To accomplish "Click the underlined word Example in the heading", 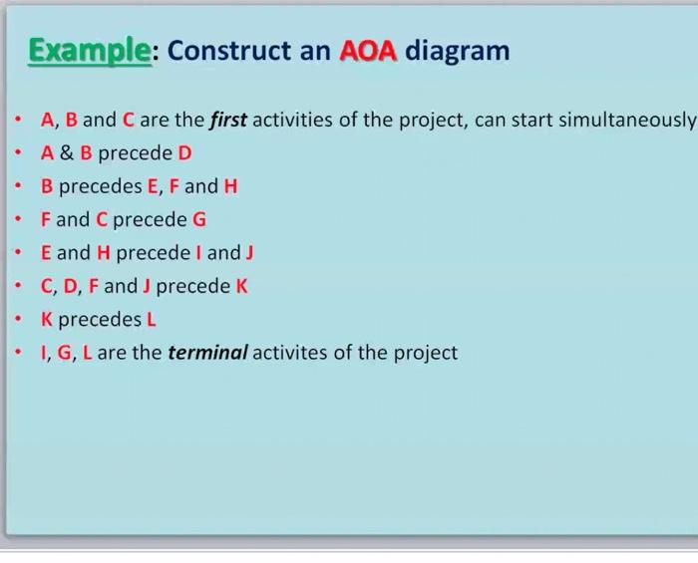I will [89, 50].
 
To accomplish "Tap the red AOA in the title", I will [369, 50].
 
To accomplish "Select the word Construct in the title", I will [231, 50].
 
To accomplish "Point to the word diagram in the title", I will [457, 50].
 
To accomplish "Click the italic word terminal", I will [207, 353].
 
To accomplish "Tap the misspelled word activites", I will [292, 353].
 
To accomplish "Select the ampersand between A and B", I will [66, 153].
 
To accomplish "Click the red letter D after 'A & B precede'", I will [184, 153].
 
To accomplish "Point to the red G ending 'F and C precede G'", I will [199, 219].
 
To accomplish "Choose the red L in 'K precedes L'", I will [152, 320].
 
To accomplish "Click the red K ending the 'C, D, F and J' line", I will [241, 287].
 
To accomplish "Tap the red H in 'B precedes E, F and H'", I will [230, 186].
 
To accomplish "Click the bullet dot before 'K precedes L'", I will [19, 320].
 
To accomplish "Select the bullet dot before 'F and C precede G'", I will [19, 219].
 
